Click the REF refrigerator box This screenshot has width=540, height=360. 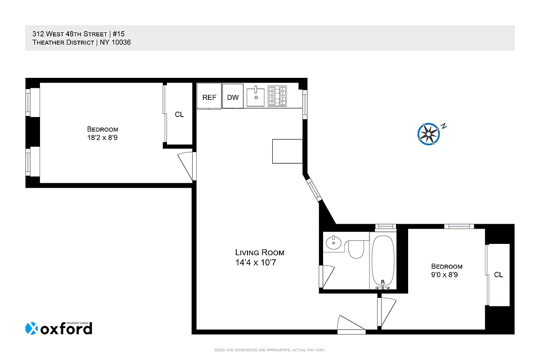pos(209,96)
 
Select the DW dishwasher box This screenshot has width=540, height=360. pos(233,96)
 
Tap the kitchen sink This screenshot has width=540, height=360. pos(256,96)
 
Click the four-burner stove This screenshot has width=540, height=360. pos(278,96)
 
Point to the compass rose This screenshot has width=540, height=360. pos(428,134)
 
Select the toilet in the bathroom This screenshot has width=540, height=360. pos(355,249)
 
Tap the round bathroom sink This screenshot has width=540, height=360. pos(333,243)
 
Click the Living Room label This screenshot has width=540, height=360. pos(260,252)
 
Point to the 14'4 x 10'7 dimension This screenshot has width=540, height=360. pos(255,262)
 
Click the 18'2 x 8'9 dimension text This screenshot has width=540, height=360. pos(103,138)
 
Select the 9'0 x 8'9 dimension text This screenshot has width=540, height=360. pos(446,274)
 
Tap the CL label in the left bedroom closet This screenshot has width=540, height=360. pos(179,114)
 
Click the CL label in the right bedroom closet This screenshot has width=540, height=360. pos(498,274)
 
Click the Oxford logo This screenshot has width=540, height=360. pos(58,328)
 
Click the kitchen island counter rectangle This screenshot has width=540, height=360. pos(287,151)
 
